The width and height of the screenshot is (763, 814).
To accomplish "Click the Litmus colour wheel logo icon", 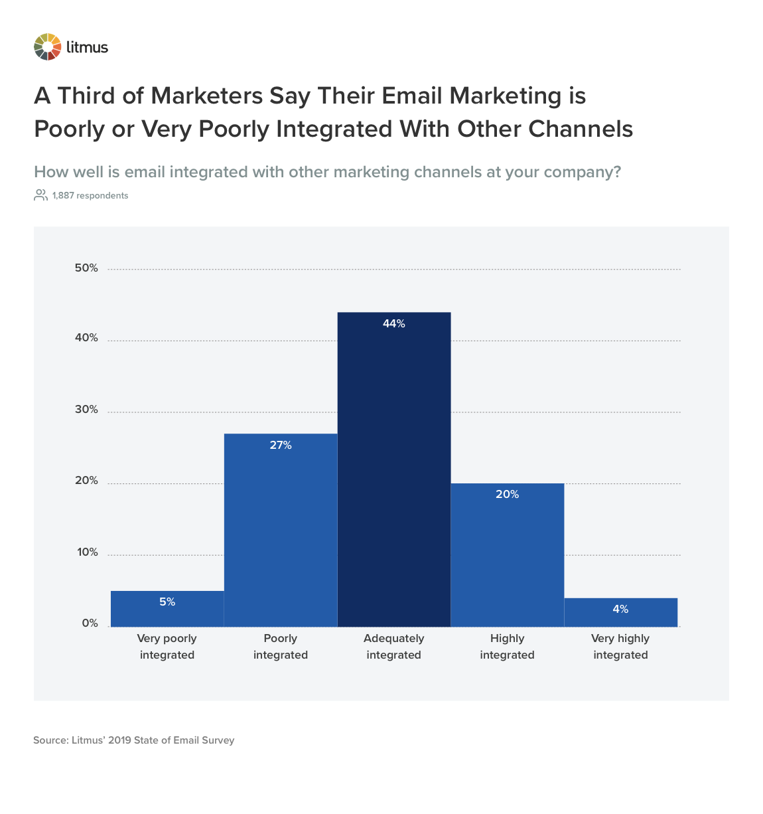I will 47,47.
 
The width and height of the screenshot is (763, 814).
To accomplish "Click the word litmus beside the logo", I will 87,47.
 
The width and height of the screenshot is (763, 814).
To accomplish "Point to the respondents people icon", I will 40,195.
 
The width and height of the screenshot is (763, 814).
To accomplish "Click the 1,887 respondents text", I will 90,196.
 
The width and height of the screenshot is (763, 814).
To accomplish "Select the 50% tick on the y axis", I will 86,268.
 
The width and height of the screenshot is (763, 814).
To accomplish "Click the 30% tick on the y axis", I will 86,410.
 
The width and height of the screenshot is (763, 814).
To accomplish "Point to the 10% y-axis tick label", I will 86,552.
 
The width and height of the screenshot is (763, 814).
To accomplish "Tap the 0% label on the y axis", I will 90,623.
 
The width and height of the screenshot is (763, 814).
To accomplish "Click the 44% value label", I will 393,324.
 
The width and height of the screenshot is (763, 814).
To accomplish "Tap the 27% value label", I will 281,446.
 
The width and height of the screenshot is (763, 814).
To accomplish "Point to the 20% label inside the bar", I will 507,495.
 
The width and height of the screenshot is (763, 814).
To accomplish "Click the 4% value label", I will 620,610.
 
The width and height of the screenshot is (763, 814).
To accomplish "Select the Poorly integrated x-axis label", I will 281,647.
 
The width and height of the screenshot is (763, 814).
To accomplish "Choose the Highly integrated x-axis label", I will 507,647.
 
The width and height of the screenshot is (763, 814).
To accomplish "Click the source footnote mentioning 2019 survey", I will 134,740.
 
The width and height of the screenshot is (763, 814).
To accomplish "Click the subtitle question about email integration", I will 327,172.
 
